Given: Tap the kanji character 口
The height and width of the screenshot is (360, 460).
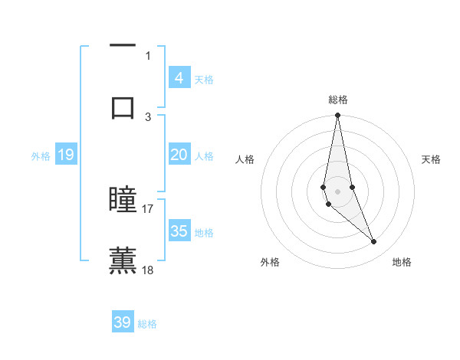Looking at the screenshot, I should tap(123, 107).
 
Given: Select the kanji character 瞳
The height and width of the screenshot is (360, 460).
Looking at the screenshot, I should tap(123, 200).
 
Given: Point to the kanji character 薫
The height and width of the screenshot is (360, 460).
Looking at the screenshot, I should tap(123, 260).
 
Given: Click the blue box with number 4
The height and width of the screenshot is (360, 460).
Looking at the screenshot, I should tap(179, 78).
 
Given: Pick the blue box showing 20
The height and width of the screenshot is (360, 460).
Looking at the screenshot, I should tap(179, 155).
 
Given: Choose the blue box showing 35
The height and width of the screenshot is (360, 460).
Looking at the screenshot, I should tap(179, 231).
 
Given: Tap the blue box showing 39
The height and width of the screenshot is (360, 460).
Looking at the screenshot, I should tap(123, 322).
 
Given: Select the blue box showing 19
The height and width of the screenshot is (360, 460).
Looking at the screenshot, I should tap(66, 155).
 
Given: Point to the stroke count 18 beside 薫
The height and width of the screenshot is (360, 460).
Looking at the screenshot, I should tap(148, 270).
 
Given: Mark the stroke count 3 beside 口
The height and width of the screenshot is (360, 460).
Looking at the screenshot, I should tap(148, 116).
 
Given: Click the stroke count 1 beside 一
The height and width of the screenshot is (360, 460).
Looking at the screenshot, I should tap(148, 55).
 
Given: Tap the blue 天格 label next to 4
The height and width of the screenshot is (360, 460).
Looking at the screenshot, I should tap(204, 80).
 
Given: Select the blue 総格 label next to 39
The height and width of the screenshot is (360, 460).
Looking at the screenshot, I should tap(147, 324).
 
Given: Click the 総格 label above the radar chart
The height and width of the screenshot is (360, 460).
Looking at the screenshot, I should tap(338, 100).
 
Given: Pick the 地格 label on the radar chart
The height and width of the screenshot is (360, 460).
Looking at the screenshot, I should tap(402, 263).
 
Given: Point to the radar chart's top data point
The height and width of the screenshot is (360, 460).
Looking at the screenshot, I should tap(337, 116).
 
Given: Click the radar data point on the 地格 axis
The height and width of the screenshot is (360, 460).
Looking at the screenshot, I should tap(374, 242).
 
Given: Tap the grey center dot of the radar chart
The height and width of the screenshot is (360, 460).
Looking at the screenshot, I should tap(337, 191).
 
